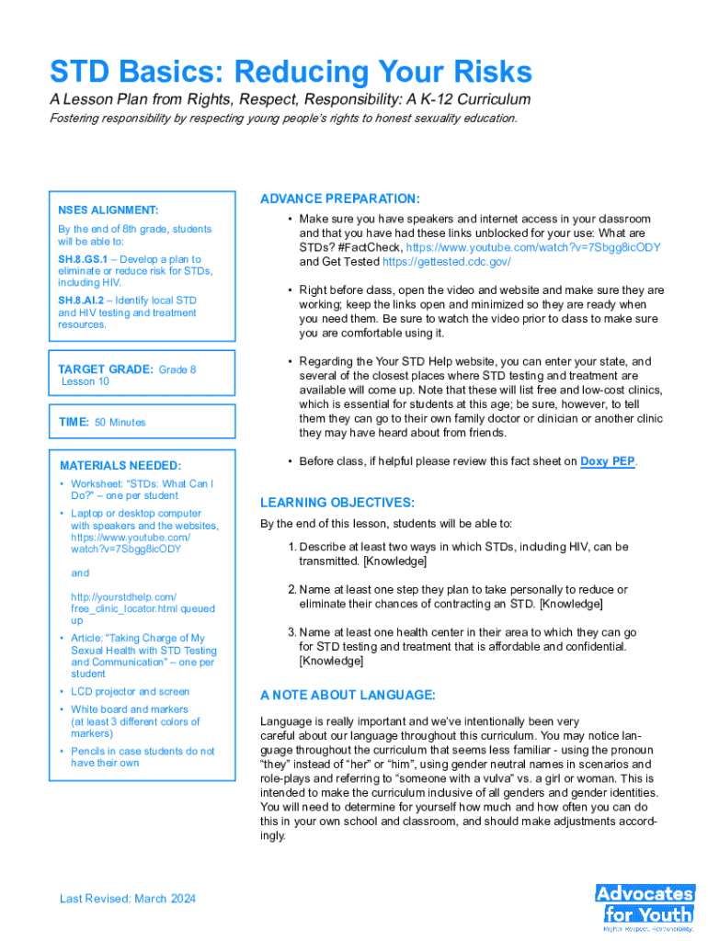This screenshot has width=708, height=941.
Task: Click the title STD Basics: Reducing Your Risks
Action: pos(291,73)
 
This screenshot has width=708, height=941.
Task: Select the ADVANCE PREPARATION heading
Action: pos(340,198)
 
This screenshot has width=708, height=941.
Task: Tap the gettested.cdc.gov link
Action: pos(446,262)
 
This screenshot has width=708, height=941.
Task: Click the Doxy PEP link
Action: pos(607,461)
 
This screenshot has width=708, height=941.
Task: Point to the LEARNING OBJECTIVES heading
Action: pos(337,502)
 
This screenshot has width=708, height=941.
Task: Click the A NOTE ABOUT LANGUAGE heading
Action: pos(348,694)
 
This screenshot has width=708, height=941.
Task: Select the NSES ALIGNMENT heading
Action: pos(108,210)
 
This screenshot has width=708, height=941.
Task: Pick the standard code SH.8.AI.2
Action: pos(81,300)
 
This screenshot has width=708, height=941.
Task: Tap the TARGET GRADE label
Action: pos(106,369)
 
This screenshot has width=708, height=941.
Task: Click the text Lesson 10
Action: pos(86,381)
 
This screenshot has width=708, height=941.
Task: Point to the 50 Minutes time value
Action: pos(120,423)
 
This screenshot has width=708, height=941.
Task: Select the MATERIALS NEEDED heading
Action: pos(120,465)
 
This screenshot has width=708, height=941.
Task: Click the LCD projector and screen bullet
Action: pos(130,691)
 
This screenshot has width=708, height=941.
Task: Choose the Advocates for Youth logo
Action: pos(645,903)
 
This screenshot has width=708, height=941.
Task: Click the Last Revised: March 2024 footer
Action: pos(128,898)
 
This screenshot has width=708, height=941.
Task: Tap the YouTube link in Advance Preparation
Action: pos(533,247)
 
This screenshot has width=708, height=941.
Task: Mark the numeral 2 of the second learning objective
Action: pos(291,589)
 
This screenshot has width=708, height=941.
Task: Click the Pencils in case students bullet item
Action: pos(143,751)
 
